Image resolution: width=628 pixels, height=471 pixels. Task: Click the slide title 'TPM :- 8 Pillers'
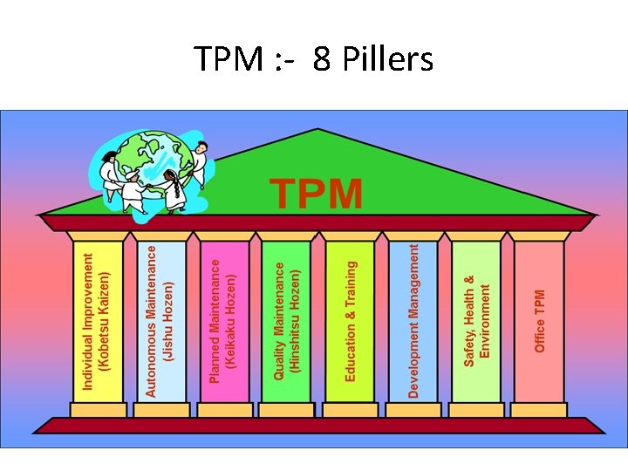click(314, 60)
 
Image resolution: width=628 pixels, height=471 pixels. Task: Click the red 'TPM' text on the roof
click(316, 194)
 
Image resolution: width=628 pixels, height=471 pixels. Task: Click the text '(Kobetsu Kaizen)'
click(105, 321)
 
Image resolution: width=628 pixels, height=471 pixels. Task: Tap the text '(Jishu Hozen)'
click(169, 321)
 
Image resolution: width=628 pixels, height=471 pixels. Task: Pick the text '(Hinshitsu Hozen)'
click(295, 321)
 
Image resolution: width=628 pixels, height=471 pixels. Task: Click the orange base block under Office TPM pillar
click(539, 409)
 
